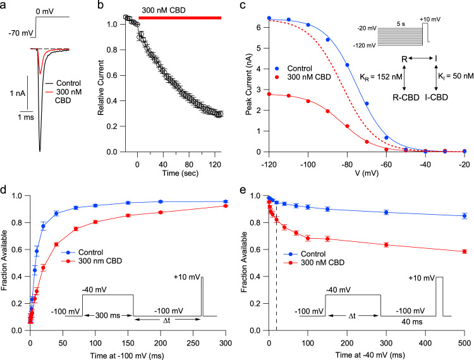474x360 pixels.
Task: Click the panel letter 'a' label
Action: tap(5, 6)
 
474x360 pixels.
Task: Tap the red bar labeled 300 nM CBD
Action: tap(180, 18)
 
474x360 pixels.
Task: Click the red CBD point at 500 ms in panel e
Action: tap(465, 251)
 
